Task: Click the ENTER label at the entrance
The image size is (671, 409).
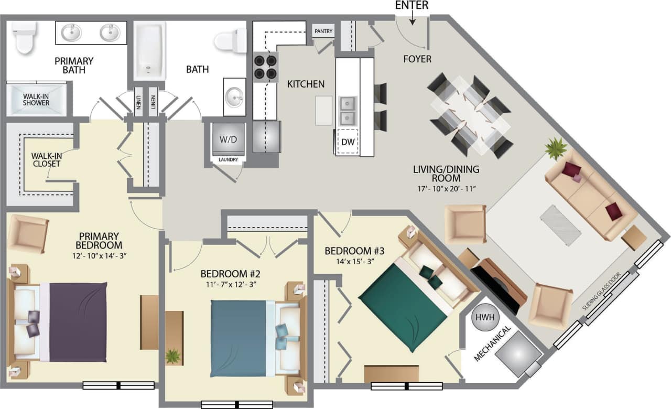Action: [412, 5]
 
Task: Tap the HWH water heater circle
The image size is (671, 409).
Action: [481, 318]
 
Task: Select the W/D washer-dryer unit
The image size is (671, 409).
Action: [228, 139]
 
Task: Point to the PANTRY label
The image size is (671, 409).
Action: [323, 31]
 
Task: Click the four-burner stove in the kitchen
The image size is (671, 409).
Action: [266, 67]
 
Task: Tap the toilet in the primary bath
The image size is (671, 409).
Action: [24, 36]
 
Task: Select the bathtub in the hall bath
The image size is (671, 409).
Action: [149, 50]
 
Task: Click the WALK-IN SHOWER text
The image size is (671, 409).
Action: [36, 100]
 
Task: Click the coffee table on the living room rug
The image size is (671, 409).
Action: [560, 224]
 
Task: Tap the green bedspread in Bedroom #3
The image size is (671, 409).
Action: [403, 307]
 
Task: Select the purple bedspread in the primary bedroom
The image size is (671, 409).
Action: [78, 321]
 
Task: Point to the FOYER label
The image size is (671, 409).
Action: [417, 59]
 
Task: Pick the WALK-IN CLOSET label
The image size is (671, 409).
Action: [46, 159]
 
